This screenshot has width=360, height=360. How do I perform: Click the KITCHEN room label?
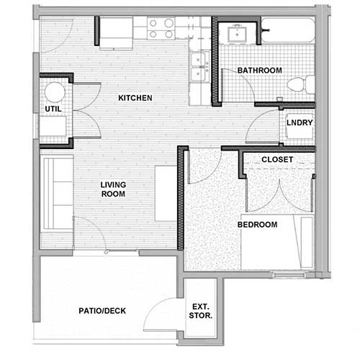click(135, 97)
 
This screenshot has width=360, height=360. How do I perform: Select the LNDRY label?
click(299, 122)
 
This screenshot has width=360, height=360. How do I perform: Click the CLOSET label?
click(276, 159)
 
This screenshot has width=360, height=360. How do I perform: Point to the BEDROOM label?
click(257, 225)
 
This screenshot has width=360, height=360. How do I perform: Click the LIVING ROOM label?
click(113, 189)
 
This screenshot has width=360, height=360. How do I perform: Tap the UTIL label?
click(53, 108)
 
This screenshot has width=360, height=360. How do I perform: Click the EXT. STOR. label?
click(200, 310)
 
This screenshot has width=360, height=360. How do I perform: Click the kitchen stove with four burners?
click(161, 29)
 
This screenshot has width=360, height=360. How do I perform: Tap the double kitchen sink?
click(199, 66)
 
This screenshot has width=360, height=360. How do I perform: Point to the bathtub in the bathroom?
click(288, 30)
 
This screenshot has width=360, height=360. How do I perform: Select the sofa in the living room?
click(56, 193)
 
